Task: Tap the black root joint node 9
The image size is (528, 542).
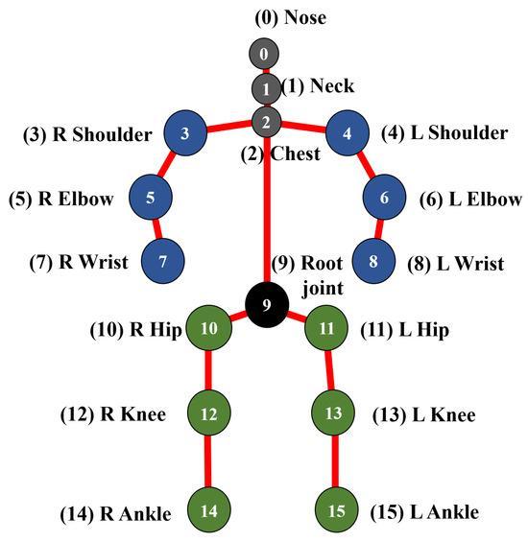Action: (268, 305)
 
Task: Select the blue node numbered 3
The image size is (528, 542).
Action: (185, 134)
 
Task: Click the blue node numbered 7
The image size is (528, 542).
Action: (162, 260)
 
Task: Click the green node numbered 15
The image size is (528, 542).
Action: (335, 509)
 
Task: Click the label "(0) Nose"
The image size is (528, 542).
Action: (263, 18)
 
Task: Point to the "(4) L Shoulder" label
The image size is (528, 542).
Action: (444, 133)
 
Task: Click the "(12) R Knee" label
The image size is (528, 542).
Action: (112, 414)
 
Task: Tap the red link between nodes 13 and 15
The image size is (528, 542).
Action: (334, 462)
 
